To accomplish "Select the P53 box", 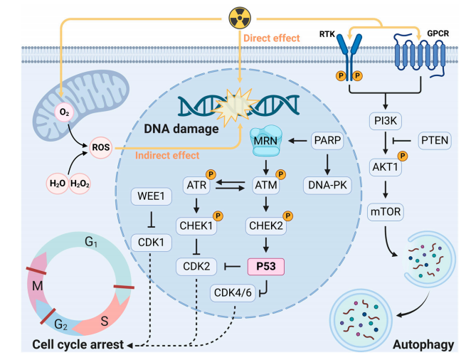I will [267, 267].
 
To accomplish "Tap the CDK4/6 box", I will [232, 291].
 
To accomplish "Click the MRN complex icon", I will [265, 139].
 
